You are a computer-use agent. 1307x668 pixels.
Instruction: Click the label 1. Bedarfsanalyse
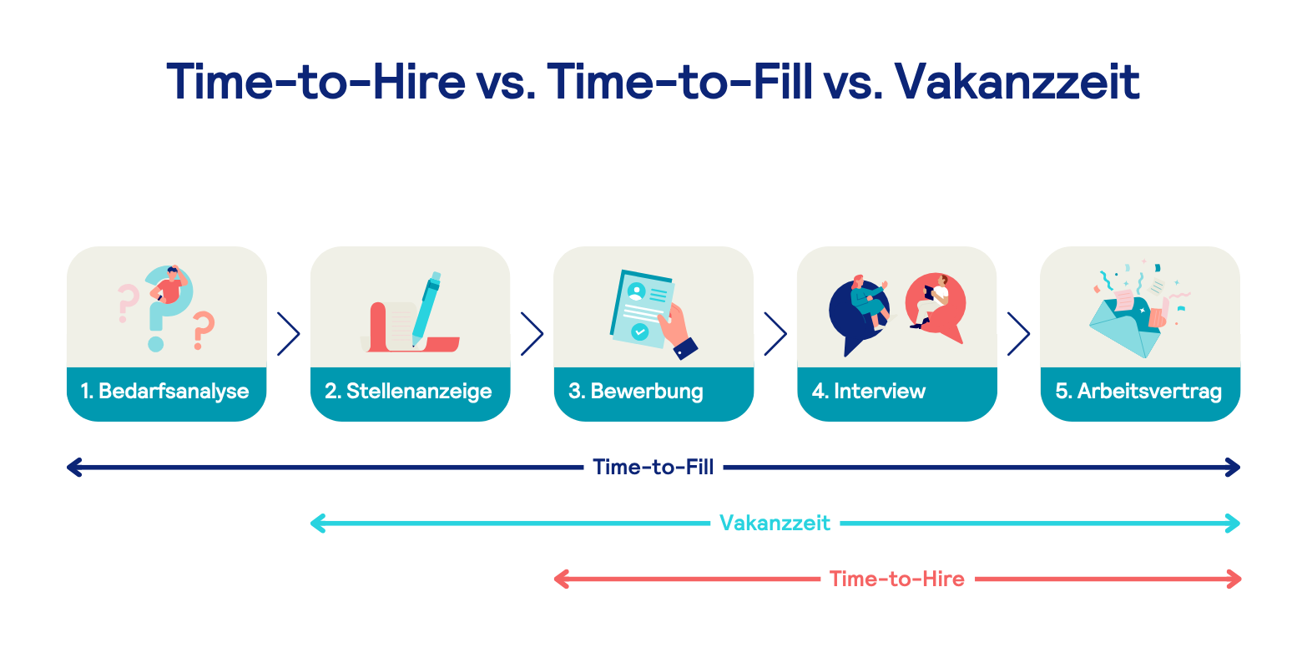(x=165, y=392)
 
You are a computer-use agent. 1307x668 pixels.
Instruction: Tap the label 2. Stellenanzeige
(x=409, y=392)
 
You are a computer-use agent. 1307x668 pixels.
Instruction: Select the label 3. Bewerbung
(x=636, y=392)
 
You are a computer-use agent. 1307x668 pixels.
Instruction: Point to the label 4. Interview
(x=870, y=392)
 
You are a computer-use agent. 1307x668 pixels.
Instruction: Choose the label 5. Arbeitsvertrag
(x=1139, y=392)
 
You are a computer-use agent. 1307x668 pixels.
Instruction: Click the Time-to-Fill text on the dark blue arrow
(x=653, y=468)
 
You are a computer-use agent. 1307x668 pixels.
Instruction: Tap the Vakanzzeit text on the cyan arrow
(x=775, y=524)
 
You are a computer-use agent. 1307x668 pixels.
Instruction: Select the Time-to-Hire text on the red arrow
(x=896, y=579)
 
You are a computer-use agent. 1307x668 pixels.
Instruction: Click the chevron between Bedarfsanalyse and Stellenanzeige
(x=288, y=334)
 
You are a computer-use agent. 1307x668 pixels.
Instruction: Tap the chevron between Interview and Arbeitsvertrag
(x=1018, y=334)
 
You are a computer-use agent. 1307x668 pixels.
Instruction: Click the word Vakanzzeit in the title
(x=1017, y=82)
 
